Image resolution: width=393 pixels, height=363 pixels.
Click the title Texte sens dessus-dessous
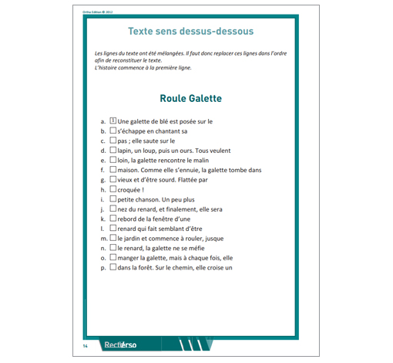tap(190, 32)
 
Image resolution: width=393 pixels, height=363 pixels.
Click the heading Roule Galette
tap(190, 99)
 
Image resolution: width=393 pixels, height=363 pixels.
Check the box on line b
tap(113, 131)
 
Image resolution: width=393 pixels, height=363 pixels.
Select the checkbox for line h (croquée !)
tap(113, 189)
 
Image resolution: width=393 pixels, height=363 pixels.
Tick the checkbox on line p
tap(113, 267)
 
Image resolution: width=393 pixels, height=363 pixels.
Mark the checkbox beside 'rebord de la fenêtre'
tap(113, 219)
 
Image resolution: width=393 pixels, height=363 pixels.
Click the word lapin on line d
tap(126, 151)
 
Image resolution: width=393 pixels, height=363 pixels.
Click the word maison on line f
tap(129, 170)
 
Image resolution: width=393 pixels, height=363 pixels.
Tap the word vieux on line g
tap(127, 180)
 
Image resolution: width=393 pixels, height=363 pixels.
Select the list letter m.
tap(103, 239)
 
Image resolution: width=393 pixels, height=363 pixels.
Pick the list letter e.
tap(102, 161)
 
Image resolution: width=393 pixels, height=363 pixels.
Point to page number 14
tap(86, 345)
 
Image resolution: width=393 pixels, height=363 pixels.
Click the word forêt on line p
tap(154, 268)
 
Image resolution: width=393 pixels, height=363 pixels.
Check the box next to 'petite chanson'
tap(113, 199)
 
